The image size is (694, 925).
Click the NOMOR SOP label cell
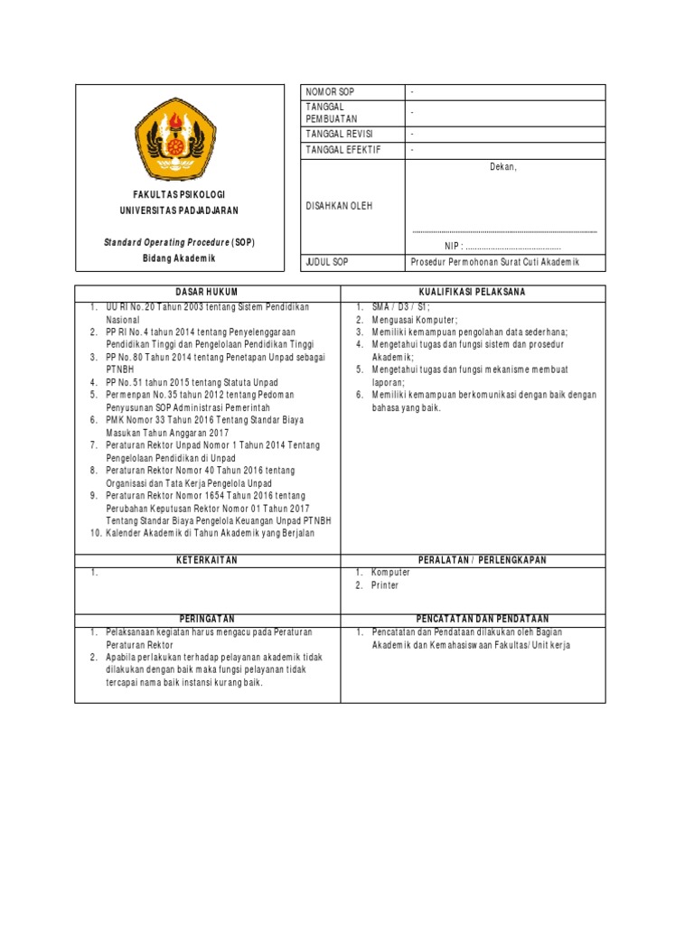(330, 92)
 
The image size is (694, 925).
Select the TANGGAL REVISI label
(340, 134)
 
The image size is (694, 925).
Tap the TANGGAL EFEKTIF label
(342, 150)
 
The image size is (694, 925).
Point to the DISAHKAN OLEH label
(339, 206)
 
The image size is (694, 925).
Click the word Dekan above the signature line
(503, 167)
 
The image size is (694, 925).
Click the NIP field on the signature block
(502, 246)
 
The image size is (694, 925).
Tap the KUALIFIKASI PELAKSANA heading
(472, 293)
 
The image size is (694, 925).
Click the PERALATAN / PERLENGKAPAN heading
(472, 560)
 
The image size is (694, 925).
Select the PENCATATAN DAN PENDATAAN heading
(472, 619)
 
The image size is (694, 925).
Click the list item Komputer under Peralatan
(390, 573)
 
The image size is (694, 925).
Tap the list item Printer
(385, 585)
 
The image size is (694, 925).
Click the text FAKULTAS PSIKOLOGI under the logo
(178, 195)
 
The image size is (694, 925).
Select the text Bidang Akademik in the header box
(179, 258)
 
